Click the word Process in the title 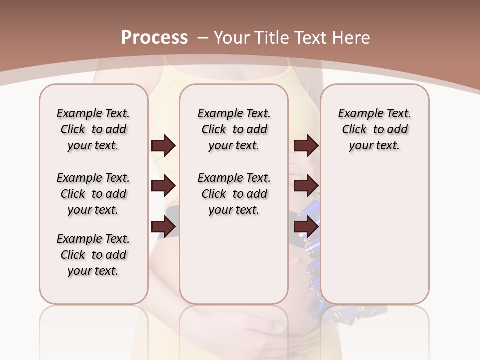[154, 37]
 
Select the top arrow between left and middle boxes [163, 145]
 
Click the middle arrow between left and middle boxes [163, 186]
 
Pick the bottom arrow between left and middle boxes [163, 227]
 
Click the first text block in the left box [93, 129]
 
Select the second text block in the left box [93, 194]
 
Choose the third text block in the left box [93, 255]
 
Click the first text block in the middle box [234, 129]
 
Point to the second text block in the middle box [234, 194]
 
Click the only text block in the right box [375, 129]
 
